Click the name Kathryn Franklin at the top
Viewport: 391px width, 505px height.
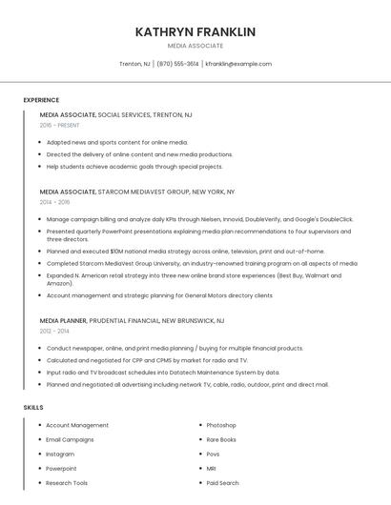click(195, 31)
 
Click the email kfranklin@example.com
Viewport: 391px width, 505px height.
click(238, 64)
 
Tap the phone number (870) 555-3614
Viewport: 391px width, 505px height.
click(177, 64)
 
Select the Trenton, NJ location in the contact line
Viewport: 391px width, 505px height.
click(134, 64)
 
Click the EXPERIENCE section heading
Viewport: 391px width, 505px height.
click(41, 100)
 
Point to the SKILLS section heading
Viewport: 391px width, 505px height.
click(33, 407)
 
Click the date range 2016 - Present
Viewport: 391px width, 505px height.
click(60, 126)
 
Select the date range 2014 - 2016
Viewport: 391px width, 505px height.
click(55, 202)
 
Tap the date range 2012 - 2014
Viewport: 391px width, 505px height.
click(55, 332)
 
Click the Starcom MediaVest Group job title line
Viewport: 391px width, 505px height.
click(137, 192)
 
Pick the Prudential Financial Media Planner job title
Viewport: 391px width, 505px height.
click(132, 321)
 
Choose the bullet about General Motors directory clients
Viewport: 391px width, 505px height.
click(159, 295)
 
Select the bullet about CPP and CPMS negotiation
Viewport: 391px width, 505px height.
click(147, 360)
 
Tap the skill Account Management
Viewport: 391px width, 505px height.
click(77, 425)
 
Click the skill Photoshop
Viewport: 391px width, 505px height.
click(221, 425)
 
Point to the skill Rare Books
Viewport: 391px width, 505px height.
click(221, 439)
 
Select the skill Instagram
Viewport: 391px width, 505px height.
click(60, 454)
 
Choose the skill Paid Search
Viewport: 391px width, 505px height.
click(222, 483)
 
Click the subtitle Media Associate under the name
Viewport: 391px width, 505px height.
click(195, 46)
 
